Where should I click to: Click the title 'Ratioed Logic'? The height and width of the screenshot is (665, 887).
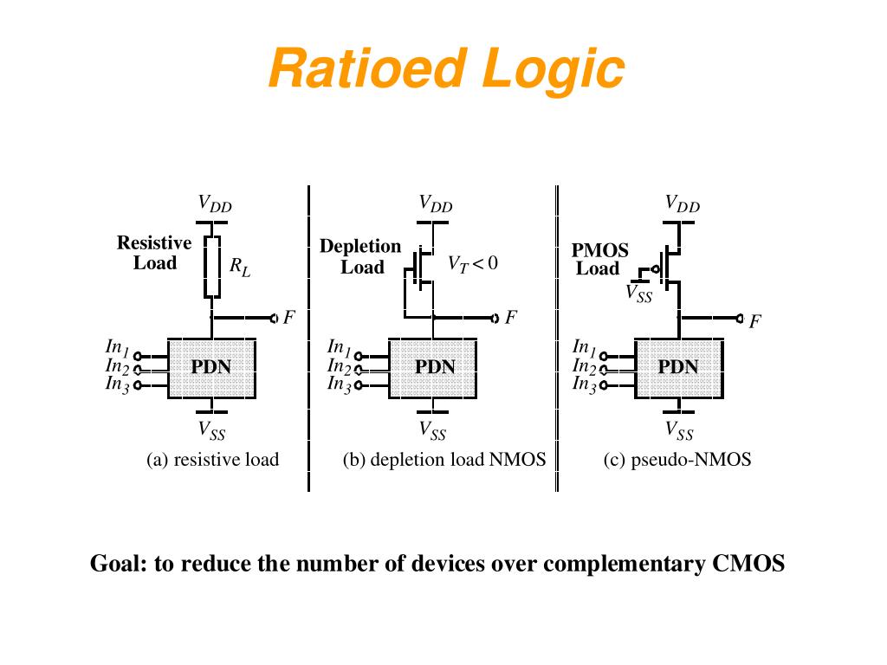point(445,68)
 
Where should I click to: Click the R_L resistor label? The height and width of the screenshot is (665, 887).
point(240,268)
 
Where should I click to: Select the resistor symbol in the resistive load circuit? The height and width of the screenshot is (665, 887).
point(212,266)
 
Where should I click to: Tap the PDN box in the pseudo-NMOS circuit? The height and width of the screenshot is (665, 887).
point(678,367)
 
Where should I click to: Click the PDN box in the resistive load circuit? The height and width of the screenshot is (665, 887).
point(211,367)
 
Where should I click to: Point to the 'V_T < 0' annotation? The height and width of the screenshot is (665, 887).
point(472,263)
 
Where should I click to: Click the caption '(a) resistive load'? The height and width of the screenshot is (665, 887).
point(212,460)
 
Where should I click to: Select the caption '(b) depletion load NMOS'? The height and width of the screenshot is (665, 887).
point(443,460)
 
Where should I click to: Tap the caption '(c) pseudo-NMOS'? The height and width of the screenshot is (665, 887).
point(677,460)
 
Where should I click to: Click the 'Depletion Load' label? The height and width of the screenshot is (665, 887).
point(360,256)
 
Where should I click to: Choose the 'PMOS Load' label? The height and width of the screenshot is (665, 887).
point(599,259)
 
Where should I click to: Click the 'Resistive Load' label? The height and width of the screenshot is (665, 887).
point(154,253)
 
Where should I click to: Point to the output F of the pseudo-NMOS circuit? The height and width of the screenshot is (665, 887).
point(754,321)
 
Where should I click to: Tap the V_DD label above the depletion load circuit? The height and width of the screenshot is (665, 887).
point(436,204)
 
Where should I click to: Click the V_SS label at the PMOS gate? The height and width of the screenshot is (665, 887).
point(638,294)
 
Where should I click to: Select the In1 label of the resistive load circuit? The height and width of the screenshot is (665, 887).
point(117,347)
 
